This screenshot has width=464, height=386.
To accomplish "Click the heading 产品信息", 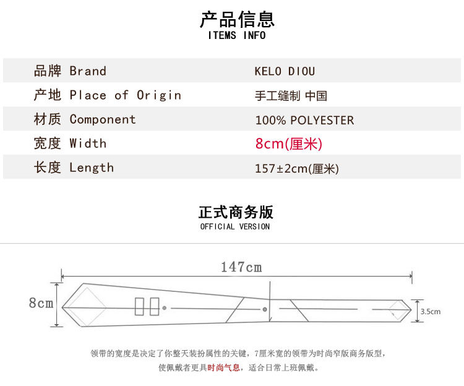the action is coord(237,19).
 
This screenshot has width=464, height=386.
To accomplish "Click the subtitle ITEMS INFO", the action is coord(237,35).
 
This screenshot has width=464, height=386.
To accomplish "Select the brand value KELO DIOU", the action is coord(285,71).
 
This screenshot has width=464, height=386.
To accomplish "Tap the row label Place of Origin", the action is coord(125,95).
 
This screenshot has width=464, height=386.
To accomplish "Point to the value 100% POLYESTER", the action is coord(304,120).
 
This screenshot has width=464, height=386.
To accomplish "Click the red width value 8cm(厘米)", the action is coord(289,144).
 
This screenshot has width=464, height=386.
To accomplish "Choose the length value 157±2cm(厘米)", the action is coord(297,168).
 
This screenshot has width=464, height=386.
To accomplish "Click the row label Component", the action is coord(103,119).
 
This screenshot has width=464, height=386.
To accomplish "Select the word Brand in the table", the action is coord(88,71).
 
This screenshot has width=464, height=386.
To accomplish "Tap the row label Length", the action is coord(92,168).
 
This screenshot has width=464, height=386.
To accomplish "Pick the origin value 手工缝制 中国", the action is coord(291,96).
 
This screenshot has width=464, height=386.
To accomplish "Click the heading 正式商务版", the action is coord(236,212).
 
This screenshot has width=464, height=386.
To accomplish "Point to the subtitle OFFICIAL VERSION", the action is coord(235,227).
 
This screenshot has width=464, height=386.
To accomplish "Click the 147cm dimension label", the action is coord(241,267).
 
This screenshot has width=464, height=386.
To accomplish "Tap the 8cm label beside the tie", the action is coord(41,303).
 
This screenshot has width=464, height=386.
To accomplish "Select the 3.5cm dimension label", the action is coord(430,312).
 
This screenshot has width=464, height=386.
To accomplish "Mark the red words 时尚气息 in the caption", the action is coord(223,367).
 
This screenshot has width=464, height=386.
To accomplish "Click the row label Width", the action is coord(88,144).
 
